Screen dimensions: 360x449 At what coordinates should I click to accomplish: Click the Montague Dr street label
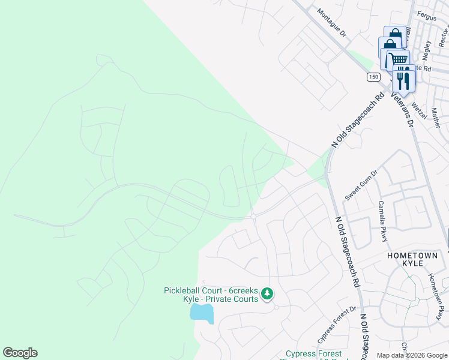click(332, 23)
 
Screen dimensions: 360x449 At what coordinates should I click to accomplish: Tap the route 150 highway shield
click(373, 77)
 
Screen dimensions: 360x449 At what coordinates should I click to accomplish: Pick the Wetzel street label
click(419, 110)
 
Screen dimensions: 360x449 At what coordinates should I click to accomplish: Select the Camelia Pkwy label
click(382, 221)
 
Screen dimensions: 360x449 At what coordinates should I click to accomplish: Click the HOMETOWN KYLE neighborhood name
click(412, 260)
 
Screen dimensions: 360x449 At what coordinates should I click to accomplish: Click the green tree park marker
click(267, 294)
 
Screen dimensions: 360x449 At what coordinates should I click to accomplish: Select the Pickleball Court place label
click(211, 295)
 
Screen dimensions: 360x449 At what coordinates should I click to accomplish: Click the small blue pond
click(202, 313)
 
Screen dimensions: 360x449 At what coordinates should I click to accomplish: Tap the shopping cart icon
click(397, 59)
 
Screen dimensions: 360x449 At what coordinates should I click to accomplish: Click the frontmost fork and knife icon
click(403, 79)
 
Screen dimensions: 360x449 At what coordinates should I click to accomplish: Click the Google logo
click(20, 353)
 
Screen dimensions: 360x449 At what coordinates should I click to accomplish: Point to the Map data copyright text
click(412, 355)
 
